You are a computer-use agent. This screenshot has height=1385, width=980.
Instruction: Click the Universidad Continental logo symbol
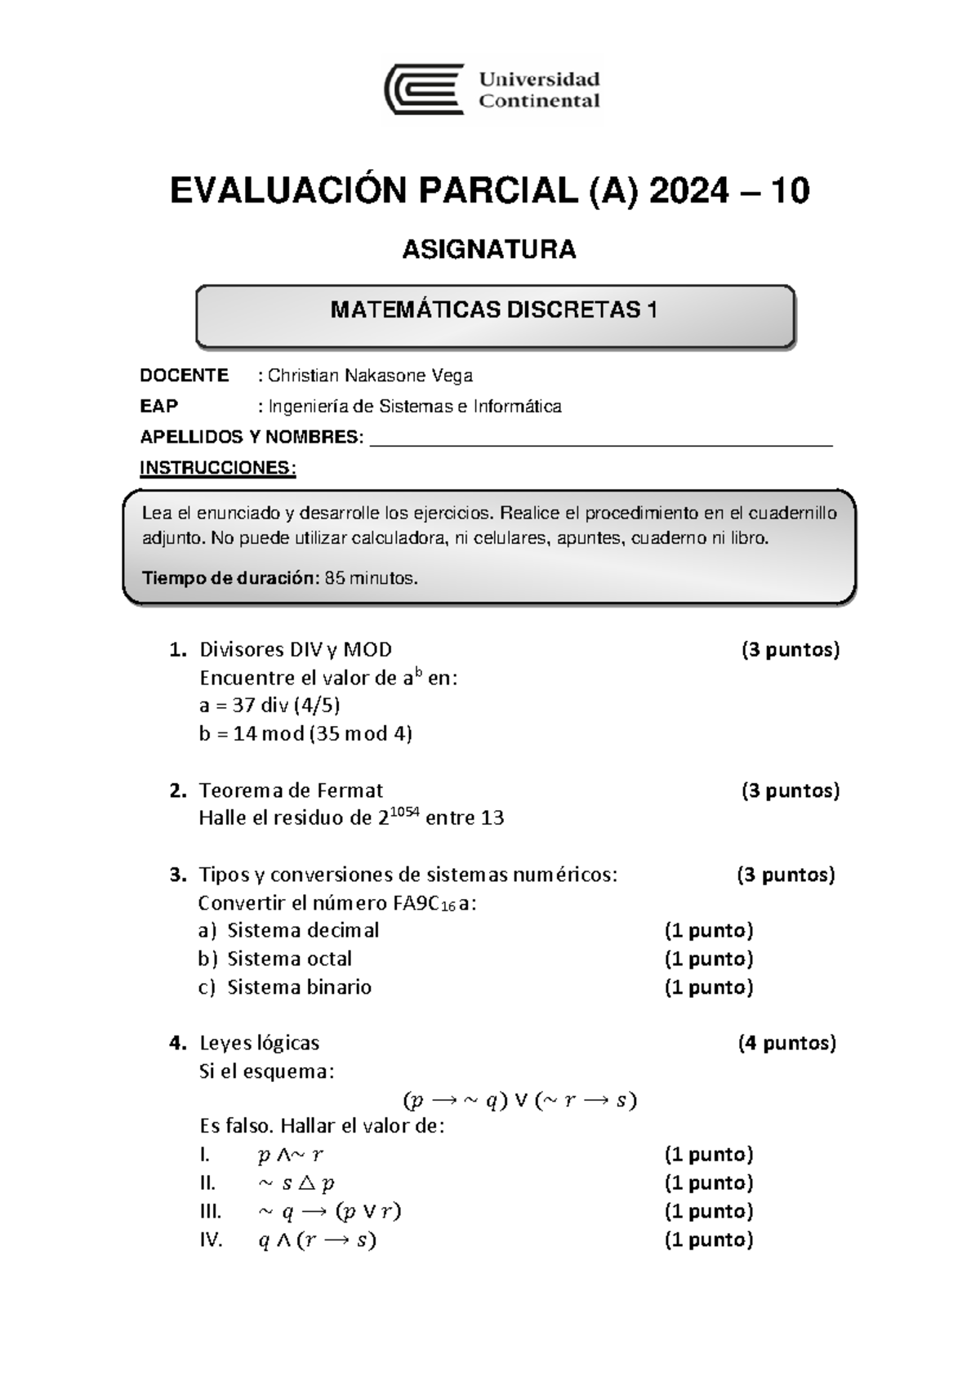coord(424,90)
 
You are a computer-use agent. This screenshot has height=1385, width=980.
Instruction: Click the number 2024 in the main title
coord(688,191)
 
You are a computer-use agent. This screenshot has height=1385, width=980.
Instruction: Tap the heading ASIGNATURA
coord(489,249)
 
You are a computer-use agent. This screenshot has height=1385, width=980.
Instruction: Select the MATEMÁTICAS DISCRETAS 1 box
coord(494,316)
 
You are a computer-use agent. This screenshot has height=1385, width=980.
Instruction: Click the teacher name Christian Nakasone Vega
coord(370,376)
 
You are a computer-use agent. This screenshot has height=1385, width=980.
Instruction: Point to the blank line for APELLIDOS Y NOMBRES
coord(601,442)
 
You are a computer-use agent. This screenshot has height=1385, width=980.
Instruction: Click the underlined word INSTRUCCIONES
coord(217,468)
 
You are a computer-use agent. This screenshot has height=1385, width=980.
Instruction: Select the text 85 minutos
coord(372,578)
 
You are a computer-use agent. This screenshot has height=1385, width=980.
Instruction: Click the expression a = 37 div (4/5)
coord(269,705)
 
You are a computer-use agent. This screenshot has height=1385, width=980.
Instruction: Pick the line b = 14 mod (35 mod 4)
coord(305,733)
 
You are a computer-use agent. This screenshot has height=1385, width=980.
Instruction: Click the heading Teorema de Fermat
coord(291,790)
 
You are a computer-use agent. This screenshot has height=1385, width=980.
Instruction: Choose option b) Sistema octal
coord(275,959)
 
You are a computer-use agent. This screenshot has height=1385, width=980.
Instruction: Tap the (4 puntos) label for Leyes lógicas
coord(786,1043)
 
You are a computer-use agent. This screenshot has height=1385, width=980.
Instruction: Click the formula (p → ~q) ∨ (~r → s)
coord(519,1101)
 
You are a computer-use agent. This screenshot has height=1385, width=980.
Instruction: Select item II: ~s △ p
coord(296,1182)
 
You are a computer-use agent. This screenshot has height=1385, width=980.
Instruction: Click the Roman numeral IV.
coord(211,1240)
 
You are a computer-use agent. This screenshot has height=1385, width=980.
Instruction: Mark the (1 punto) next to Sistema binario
coord(708,987)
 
